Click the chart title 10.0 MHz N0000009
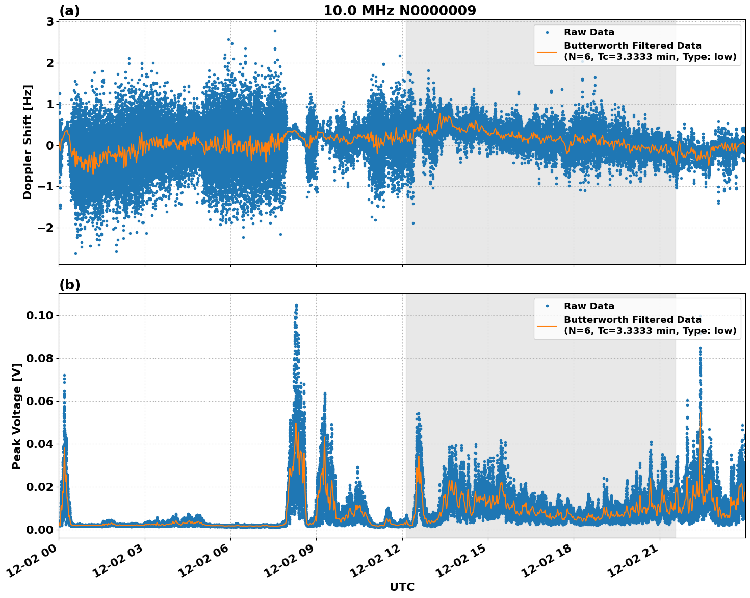(399, 11)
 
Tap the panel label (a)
(69, 11)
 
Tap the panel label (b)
(70, 285)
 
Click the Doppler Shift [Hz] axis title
(28, 142)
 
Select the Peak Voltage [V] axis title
(17, 416)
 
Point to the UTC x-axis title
(402, 587)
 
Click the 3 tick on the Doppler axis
(50, 21)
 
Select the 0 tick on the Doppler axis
(50, 145)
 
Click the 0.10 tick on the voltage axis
(39, 315)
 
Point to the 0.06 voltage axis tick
(39, 401)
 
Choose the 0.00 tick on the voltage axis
(39, 530)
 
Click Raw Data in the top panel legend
(589, 33)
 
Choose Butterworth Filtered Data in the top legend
(632, 46)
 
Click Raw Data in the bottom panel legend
(589, 306)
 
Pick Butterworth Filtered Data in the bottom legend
(632, 320)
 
